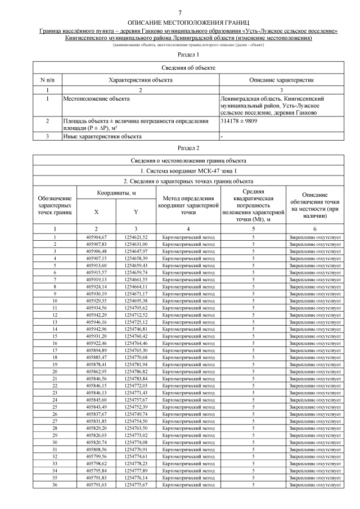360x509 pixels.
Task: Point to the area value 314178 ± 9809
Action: pyautogui.click(x=240, y=121)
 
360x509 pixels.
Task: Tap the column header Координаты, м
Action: pyautogui.click(x=116, y=193)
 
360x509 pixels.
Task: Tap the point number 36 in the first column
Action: pyautogui.click(x=55, y=484)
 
